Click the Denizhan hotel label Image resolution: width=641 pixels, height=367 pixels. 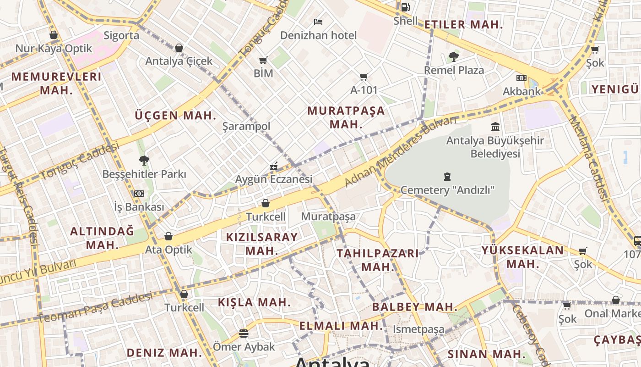[318, 35]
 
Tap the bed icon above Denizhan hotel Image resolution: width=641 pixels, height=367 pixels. [318, 22]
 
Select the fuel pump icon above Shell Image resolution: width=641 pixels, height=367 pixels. [405, 7]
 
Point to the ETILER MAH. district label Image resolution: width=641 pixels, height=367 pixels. [463, 25]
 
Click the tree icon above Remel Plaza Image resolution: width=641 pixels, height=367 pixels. [454, 57]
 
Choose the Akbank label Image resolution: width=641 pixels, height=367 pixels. [521, 91]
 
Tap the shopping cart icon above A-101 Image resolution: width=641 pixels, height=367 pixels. [364, 77]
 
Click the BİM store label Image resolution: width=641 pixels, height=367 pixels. [263, 73]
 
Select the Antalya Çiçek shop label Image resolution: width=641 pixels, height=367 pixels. [179, 61]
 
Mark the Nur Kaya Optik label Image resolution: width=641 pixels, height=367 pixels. [54, 49]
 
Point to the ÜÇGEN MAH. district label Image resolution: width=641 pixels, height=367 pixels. [175, 116]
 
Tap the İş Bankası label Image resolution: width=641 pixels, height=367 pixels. [139, 207]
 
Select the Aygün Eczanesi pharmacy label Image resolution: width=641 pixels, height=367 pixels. [274, 179]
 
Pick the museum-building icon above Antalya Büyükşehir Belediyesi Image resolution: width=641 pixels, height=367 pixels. [495, 127]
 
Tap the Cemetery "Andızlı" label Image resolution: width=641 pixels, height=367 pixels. [447, 190]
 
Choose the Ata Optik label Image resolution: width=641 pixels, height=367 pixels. [168, 250]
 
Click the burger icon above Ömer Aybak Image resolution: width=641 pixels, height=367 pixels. [244, 334]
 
